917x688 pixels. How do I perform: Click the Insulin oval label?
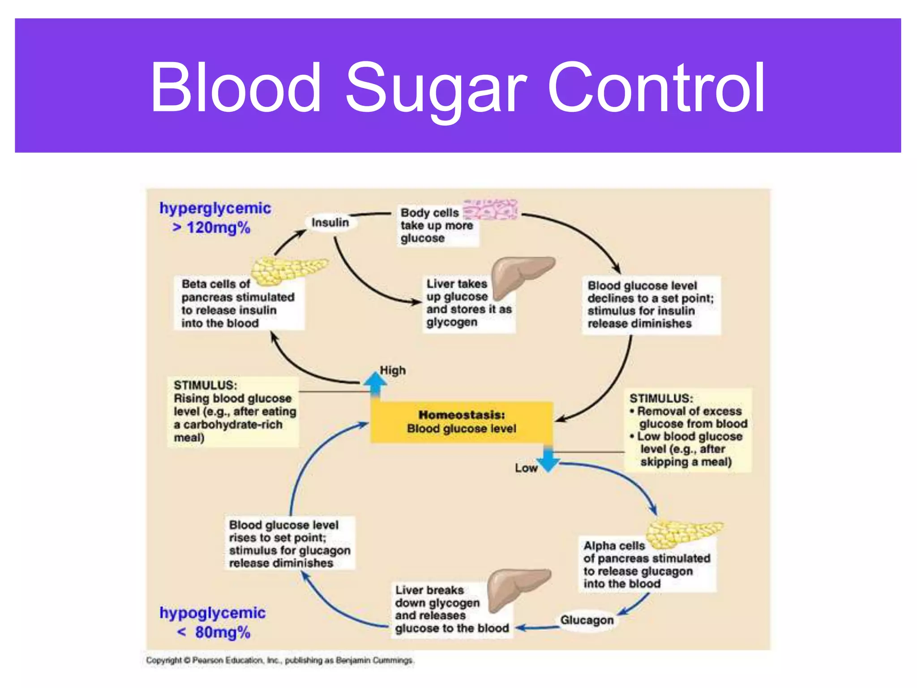(330, 223)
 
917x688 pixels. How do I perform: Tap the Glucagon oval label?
(587, 620)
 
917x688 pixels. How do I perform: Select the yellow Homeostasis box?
(461, 422)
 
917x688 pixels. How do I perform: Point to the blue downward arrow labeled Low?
(548, 459)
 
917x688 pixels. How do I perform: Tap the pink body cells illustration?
(491, 210)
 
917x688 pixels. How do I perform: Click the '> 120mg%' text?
(211, 228)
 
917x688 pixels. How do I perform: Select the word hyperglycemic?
(215, 208)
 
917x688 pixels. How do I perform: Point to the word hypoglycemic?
(213, 613)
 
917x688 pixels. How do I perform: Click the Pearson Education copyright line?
(280, 661)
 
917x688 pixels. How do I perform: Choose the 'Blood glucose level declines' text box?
(651, 305)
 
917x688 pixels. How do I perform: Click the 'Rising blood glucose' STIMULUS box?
(233, 411)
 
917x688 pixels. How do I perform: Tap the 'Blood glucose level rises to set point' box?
(289, 543)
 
